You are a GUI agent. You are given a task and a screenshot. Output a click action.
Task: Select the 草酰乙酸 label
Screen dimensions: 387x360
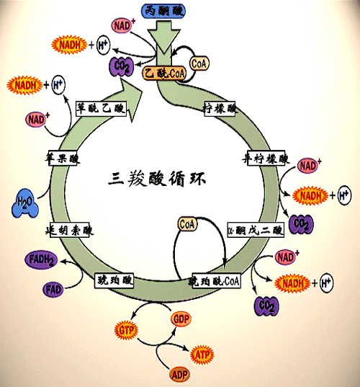pyautogui.click(x=101, y=108)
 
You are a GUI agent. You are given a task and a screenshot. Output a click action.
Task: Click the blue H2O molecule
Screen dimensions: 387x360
pyautogui.click(x=24, y=202)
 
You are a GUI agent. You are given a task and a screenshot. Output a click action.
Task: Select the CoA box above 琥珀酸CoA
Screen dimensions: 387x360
pyautogui.click(x=186, y=224)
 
